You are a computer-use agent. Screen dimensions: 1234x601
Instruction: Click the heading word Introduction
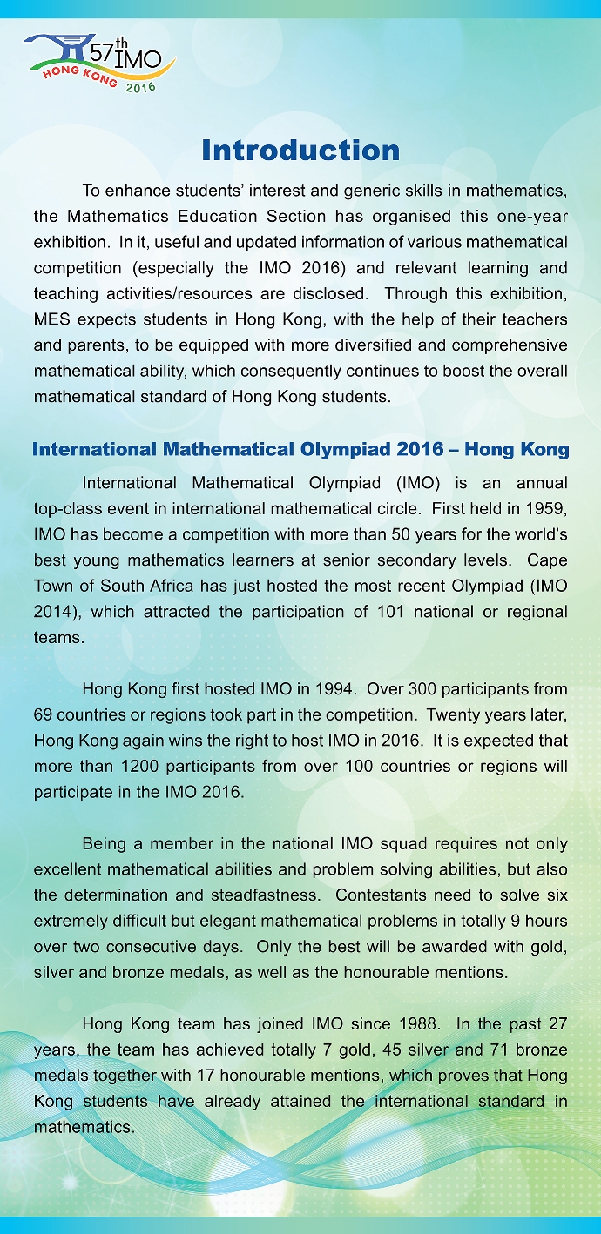pyautogui.click(x=300, y=151)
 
